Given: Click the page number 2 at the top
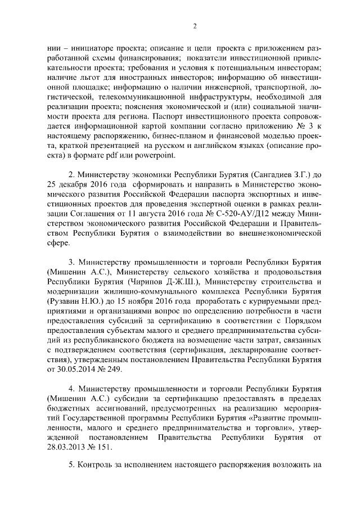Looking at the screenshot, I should (194, 25).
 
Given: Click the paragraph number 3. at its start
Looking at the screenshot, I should (72, 262).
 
